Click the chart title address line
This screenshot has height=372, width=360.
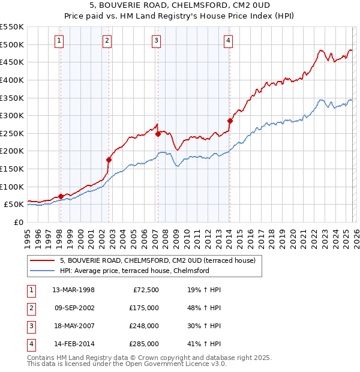click(x=180, y=6)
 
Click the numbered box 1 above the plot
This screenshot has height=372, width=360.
click(x=60, y=41)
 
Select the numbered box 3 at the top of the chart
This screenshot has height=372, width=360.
click(x=156, y=41)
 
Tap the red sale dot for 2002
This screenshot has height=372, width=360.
click(x=109, y=160)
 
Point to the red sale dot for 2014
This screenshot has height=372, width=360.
click(x=230, y=121)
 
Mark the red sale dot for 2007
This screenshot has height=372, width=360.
click(x=158, y=134)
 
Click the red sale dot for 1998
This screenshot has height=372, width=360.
click(x=61, y=196)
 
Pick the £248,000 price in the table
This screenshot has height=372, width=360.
click(x=145, y=326)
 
